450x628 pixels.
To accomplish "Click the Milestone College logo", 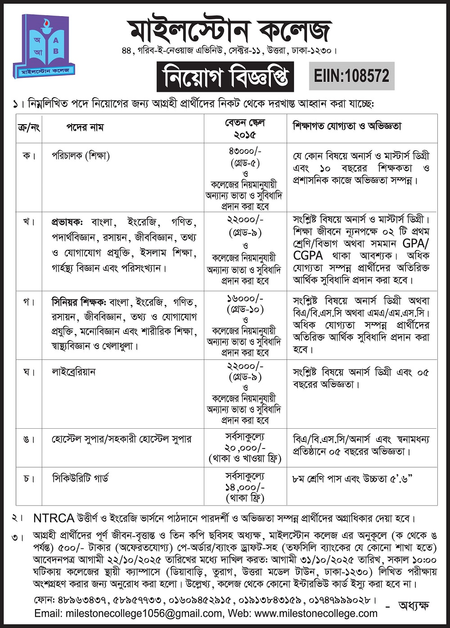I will (44, 46).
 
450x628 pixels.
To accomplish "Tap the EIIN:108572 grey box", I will (351, 76).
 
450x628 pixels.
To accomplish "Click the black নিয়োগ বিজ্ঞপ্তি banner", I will (225, 76).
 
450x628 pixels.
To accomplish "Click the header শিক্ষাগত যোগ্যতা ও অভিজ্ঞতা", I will (347, 126).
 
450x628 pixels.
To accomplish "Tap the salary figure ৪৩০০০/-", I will (246, 152).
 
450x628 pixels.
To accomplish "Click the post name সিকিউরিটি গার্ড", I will (80, 478).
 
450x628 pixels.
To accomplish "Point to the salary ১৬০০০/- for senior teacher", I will (246, 299).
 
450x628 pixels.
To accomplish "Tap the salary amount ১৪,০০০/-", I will (246, 487).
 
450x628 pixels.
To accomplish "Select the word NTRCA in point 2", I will (54, 518).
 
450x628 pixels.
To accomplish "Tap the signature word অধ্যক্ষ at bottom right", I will (414, 606).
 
